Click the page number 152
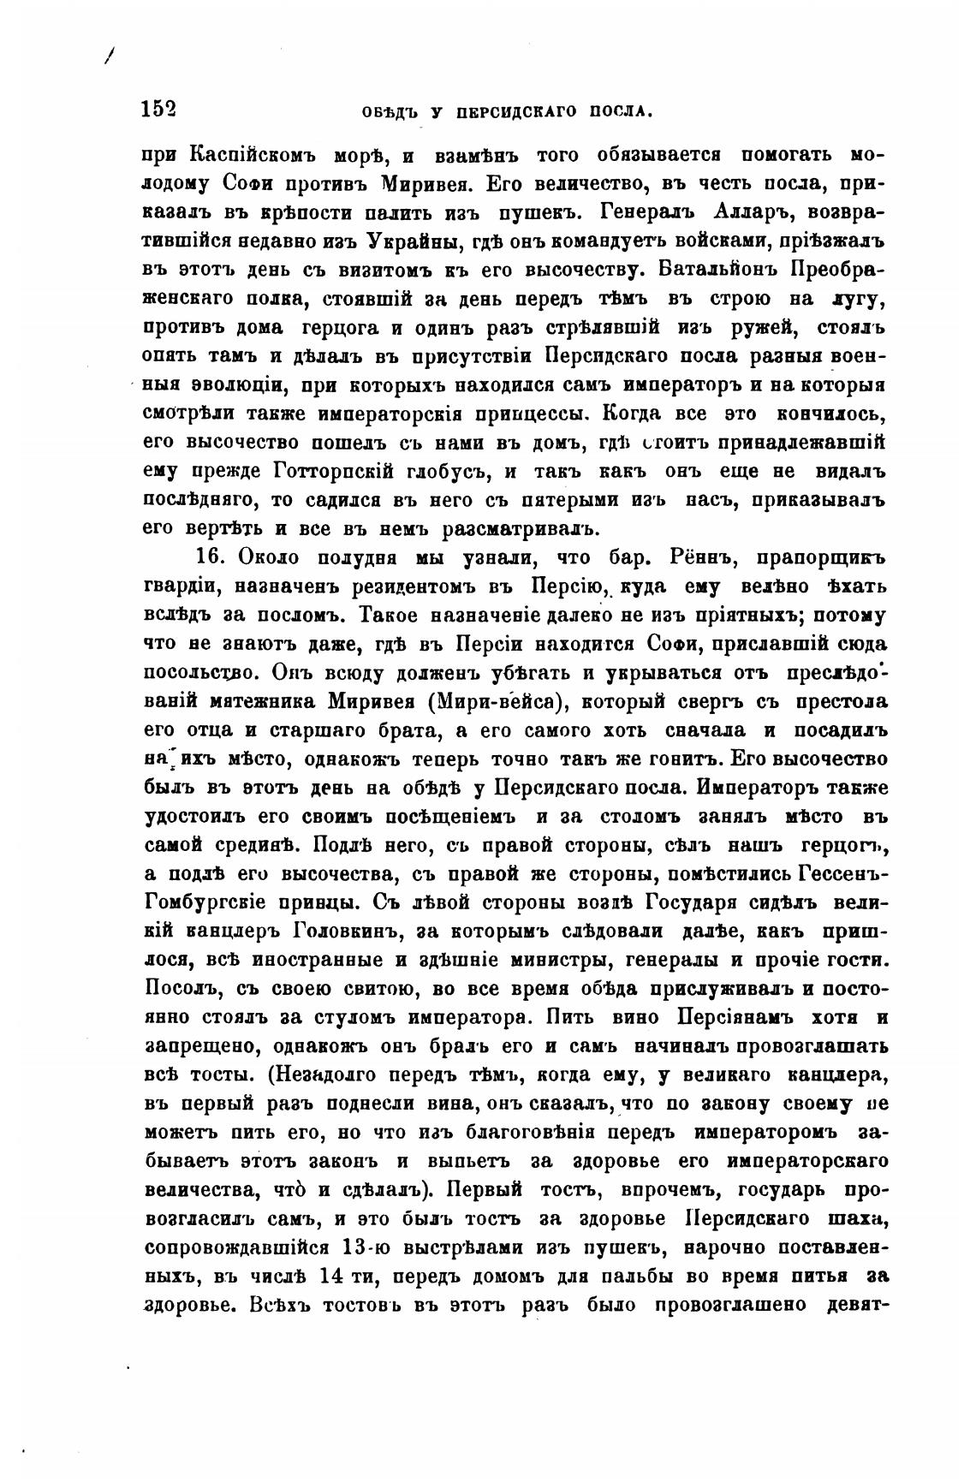pyautogui.click(x=158, y=109)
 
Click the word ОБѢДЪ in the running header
pyautogui.click(x=392, y=111)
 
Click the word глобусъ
pyautogui.click(x=451, y=472)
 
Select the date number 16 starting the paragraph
pyautogui.click(x=209, y=558)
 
